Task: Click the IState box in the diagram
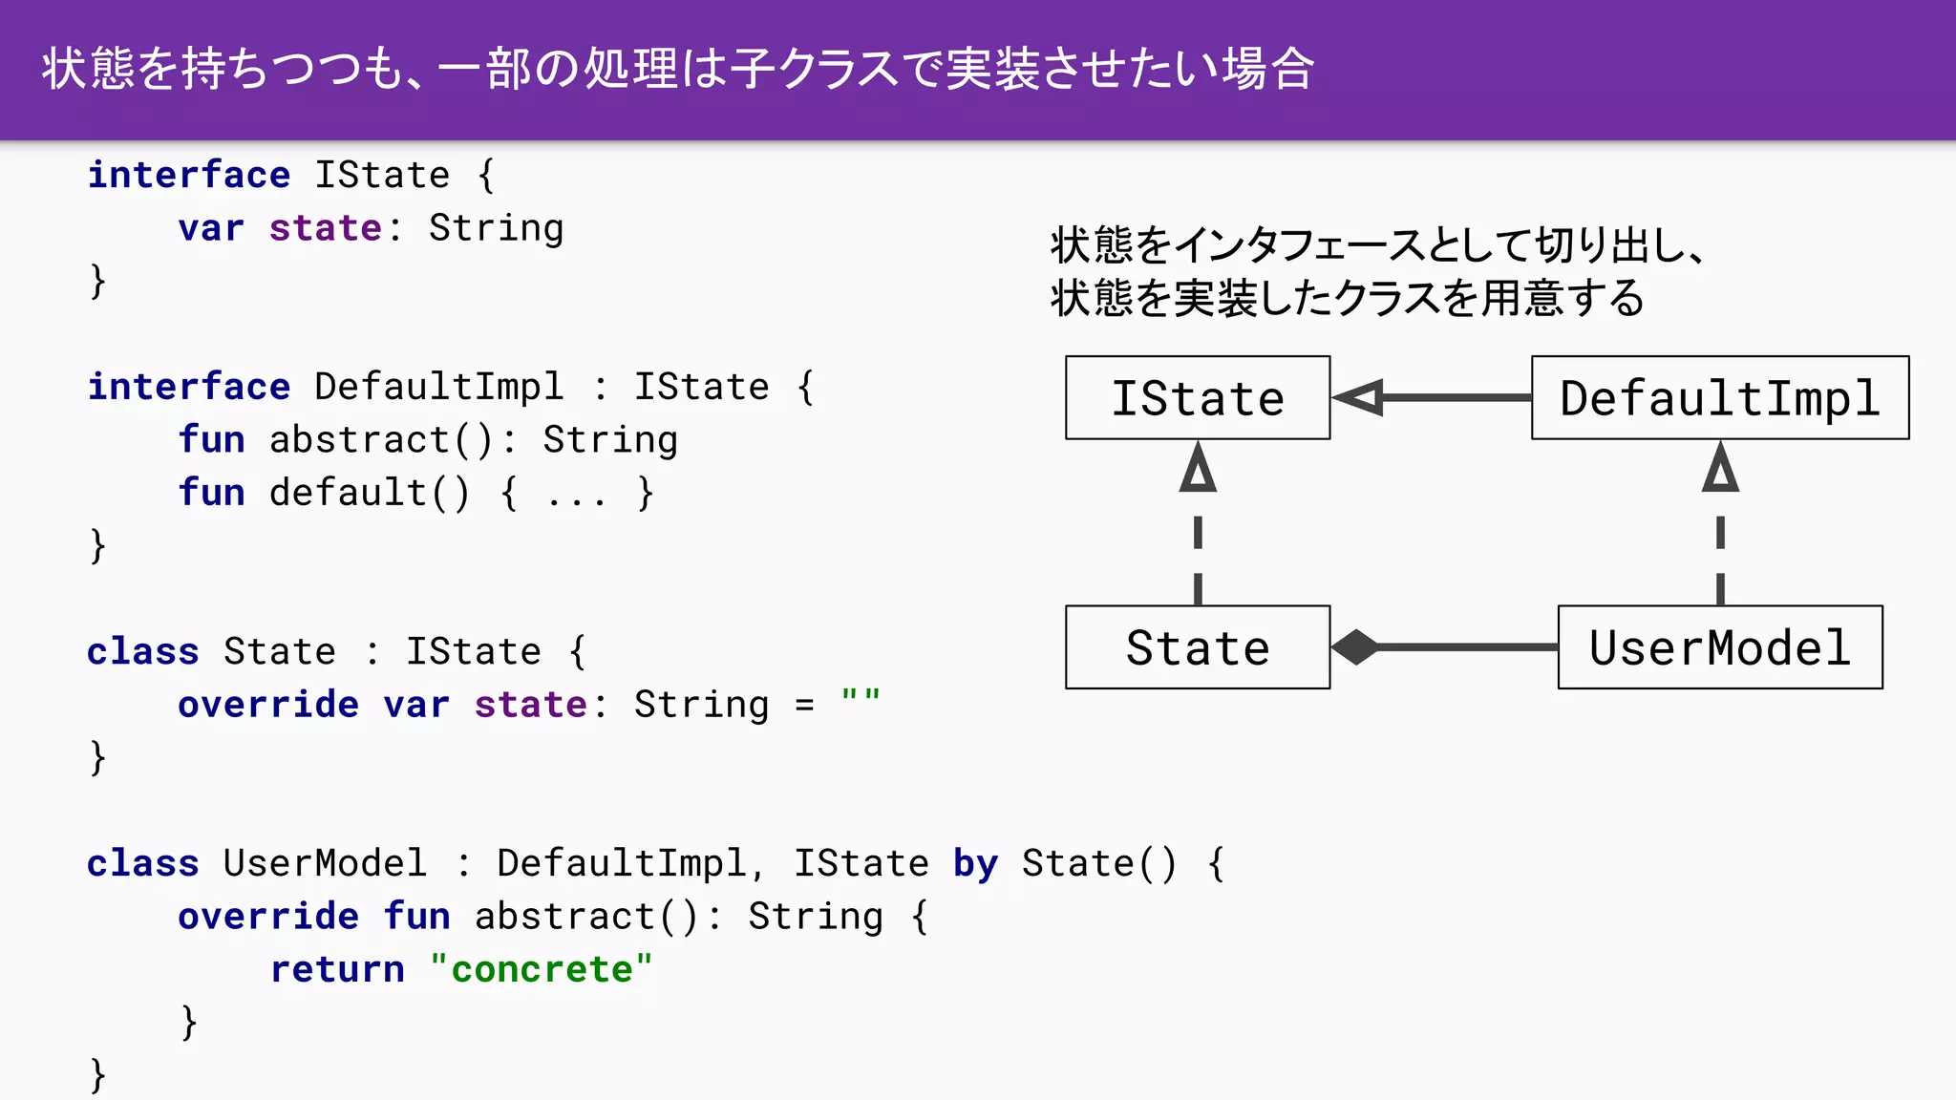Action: [1198, 398]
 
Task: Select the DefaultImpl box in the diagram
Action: [1719, 398]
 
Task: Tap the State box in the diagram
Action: [1198, 647]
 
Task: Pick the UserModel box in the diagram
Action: [1719, 647]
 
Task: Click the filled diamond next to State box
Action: [1355, 647]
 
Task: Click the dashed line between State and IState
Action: [1198, 559]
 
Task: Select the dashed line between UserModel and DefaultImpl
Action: [1720, 559]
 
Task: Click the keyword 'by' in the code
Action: [975, 863]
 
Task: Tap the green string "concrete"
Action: [542, 969]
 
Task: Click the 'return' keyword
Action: [337, 969]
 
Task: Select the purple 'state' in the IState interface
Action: [325, 228]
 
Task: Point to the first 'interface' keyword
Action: [188, 175]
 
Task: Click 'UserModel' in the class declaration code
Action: [325, 863]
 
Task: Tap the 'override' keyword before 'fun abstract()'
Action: [268, 917]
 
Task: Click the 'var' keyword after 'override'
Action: [416, 705]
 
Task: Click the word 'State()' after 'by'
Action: [1098, 863]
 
